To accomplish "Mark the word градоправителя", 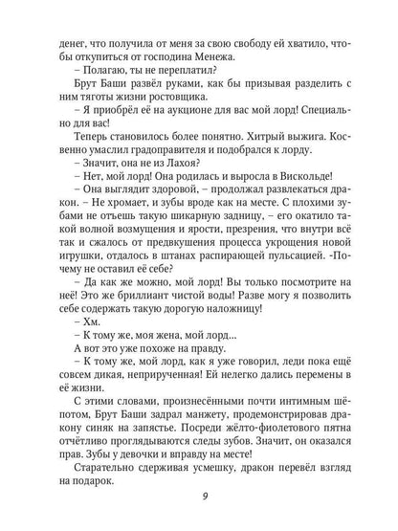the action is pyautogui.click(x=134, y=170).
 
